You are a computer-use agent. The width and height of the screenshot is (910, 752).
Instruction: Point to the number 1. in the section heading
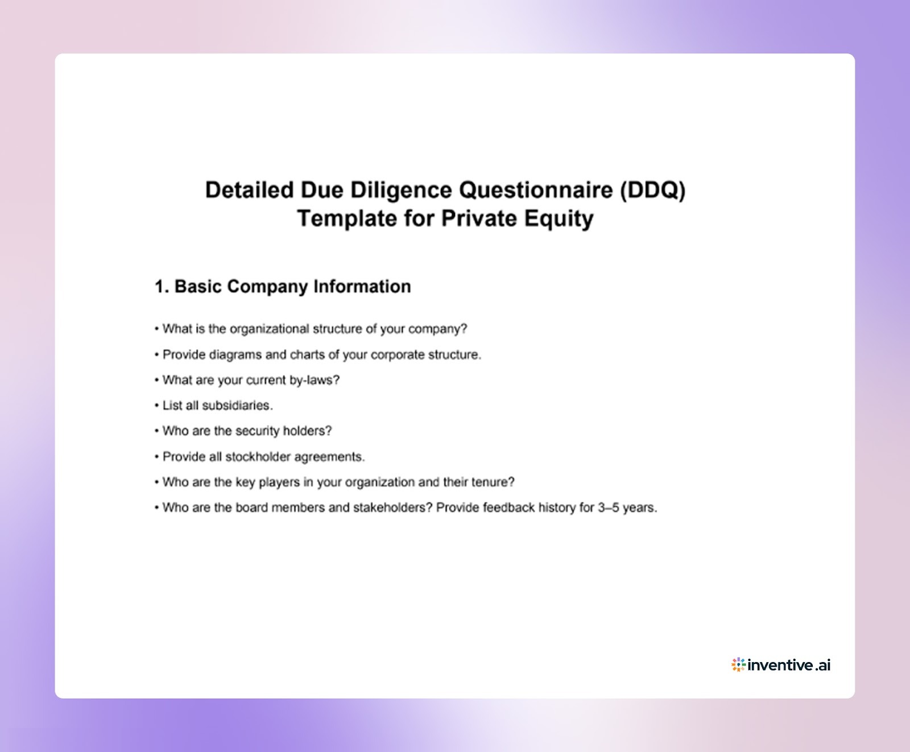point(162,286)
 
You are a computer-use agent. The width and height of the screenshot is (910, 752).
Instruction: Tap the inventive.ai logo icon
point(738,664)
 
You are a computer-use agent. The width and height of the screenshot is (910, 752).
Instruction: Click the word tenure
point(493,482)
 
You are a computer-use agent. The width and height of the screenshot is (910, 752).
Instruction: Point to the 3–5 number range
point(608,507)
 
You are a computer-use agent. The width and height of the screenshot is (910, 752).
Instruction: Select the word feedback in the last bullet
point(508,507)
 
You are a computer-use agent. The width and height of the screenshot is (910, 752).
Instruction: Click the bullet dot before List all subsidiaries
point(156,406)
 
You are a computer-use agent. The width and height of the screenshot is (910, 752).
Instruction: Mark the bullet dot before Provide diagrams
point(156,355)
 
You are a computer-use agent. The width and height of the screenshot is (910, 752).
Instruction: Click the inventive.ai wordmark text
point(789,665)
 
